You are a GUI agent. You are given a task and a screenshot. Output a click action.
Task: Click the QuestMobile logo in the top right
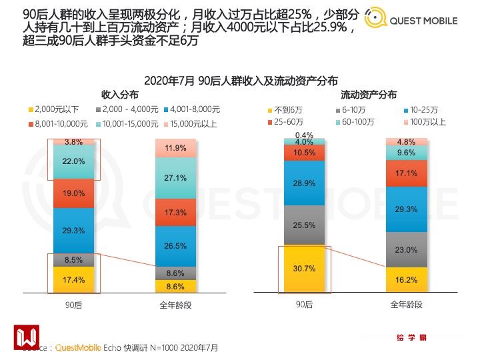pos(412,20)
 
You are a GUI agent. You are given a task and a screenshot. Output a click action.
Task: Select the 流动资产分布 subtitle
pos(368,95)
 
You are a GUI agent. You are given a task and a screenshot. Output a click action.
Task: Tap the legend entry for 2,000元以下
pos(53,109)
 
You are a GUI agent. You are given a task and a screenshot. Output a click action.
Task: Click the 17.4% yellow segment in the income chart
pos(73,280)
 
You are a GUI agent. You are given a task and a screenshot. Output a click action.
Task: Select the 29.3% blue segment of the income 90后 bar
pos(73,231)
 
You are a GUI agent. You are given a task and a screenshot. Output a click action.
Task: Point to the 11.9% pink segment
pos(176,149)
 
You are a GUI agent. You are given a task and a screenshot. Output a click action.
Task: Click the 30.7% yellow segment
pos(304,269)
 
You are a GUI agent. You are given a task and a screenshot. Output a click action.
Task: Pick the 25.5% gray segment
pos(304,225)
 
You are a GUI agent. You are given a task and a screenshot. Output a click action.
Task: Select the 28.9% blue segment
pos(304,183)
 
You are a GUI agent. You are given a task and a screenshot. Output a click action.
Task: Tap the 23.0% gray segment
pos(406,250)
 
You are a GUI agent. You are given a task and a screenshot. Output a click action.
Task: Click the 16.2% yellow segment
pos(406,281)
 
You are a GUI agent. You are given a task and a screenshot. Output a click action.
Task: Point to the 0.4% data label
pos(304,135)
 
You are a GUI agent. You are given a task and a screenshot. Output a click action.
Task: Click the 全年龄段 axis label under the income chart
pos(176,305)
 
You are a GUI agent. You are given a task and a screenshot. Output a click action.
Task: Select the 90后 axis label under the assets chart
pos(304,305)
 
